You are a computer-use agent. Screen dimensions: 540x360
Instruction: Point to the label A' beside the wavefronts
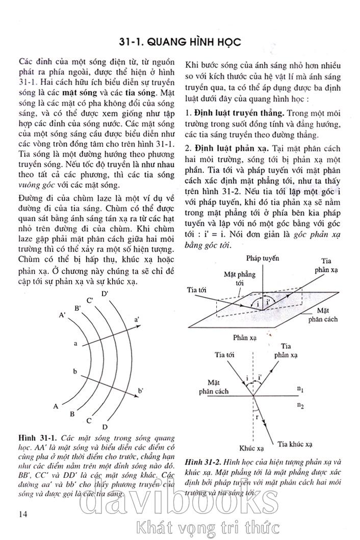point(62,316)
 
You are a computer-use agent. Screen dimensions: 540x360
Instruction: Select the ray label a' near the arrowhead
point(137,319)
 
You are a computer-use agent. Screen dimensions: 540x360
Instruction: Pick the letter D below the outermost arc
point(105,427)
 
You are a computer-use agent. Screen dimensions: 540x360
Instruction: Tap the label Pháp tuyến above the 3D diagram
point(262,259)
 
